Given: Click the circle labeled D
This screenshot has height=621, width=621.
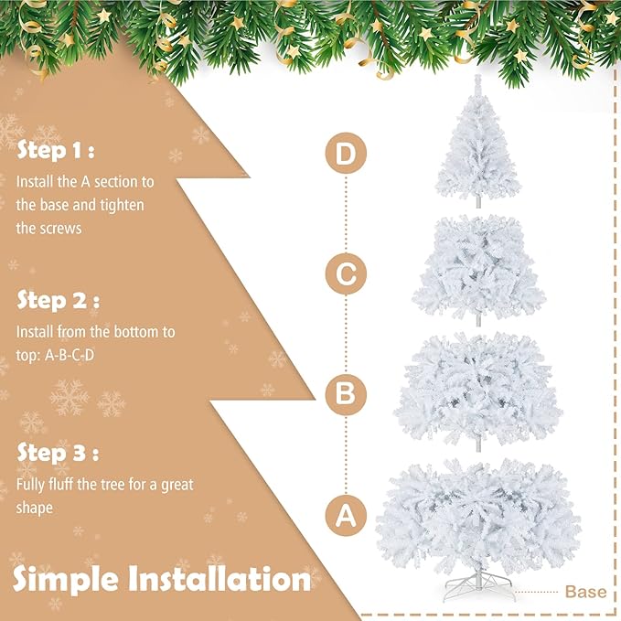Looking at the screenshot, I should [345, 155].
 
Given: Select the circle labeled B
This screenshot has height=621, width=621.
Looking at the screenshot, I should [345, 394].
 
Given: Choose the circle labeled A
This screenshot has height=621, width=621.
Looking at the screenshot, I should [345, 516].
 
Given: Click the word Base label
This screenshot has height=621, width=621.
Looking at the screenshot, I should [585, 592].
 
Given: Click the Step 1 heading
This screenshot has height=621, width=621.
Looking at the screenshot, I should [55, 151].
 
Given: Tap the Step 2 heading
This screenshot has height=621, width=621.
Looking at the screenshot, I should [57, 301].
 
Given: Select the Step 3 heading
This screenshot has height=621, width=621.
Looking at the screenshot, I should [57, 453].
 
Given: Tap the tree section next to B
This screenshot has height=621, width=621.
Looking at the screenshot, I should [477, 389].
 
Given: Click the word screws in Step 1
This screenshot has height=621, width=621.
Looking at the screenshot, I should [60, 228].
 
